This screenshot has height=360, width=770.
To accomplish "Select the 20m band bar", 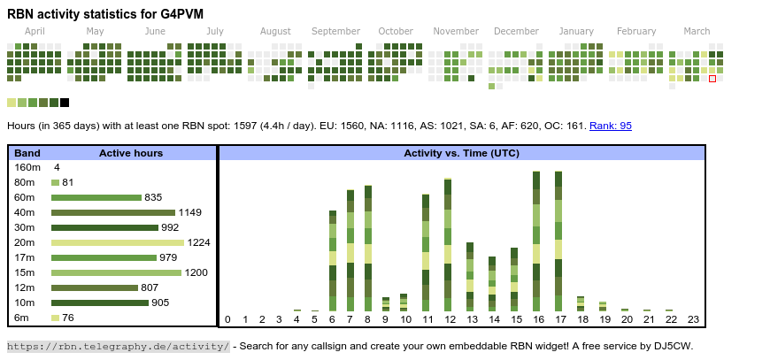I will point(118,242).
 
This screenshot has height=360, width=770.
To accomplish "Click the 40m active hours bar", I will point(113,212).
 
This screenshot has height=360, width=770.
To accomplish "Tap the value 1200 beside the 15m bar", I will point(196,272).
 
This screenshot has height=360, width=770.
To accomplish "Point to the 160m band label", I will point(27,167).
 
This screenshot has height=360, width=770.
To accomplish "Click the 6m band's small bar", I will point(55,318).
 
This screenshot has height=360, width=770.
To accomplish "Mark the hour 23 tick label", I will point(693,319).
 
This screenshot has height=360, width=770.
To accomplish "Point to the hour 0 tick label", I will point(227,319).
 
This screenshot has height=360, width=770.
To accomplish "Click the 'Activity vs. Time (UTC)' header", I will point(461,153).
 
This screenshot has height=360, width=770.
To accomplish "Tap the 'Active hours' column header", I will point(131,153).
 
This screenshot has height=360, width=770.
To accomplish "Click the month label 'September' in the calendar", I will point(335,31).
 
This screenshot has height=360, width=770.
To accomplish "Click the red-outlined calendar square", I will point(712,79).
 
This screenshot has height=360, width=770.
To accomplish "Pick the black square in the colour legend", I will point(65,103).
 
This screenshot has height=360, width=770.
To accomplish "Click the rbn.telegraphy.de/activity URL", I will point(119,346).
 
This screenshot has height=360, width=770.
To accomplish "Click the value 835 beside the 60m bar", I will point(153,197).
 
